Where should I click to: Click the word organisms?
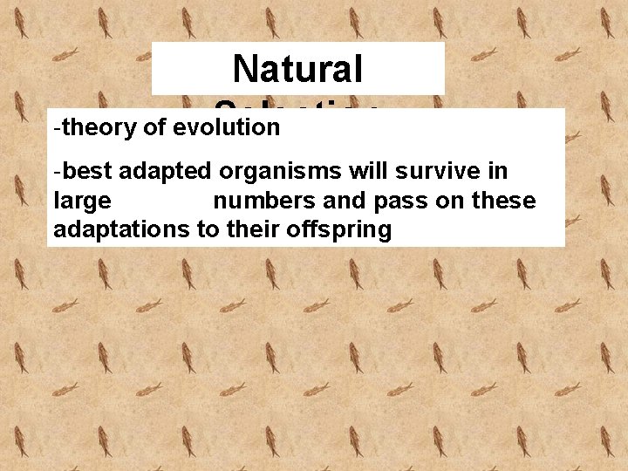point(272,172)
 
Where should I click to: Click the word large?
point(82,201)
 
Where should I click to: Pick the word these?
point(502,201)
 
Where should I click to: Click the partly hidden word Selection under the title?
point(297,105)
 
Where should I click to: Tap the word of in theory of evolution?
point(155,127)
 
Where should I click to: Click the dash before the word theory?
point(57,128)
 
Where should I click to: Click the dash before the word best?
point(57,172)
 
